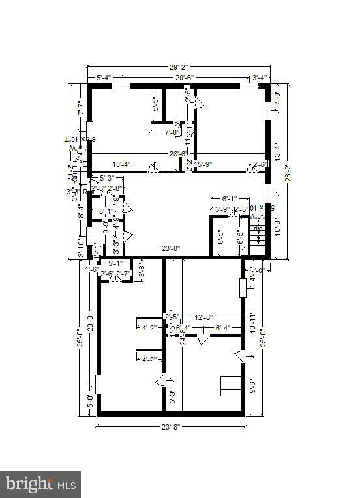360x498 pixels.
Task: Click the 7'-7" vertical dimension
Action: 81,108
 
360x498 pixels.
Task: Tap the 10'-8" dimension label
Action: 277,230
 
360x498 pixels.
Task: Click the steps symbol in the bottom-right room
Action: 232,386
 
